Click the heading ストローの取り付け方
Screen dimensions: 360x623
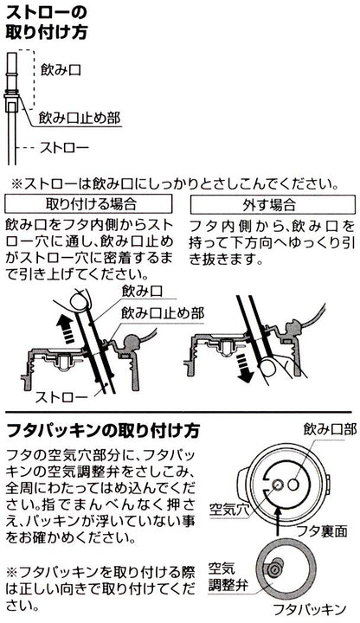point(46,22)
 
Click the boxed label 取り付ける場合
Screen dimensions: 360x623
point(88,204)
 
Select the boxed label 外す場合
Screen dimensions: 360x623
point(273,204)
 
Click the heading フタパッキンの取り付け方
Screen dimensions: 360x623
point(103,431)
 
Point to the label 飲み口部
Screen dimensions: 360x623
point(330,429)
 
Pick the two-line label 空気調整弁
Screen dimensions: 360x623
point(228,576)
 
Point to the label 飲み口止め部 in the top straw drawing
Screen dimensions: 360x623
point(79,118)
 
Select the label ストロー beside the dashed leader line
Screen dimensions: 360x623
point(64,148)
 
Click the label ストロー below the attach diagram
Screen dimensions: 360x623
point(61,397)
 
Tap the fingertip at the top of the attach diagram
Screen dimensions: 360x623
point(78,301)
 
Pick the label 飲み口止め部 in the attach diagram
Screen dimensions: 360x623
point(163,314)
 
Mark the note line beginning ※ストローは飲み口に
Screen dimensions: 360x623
point(175,184)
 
